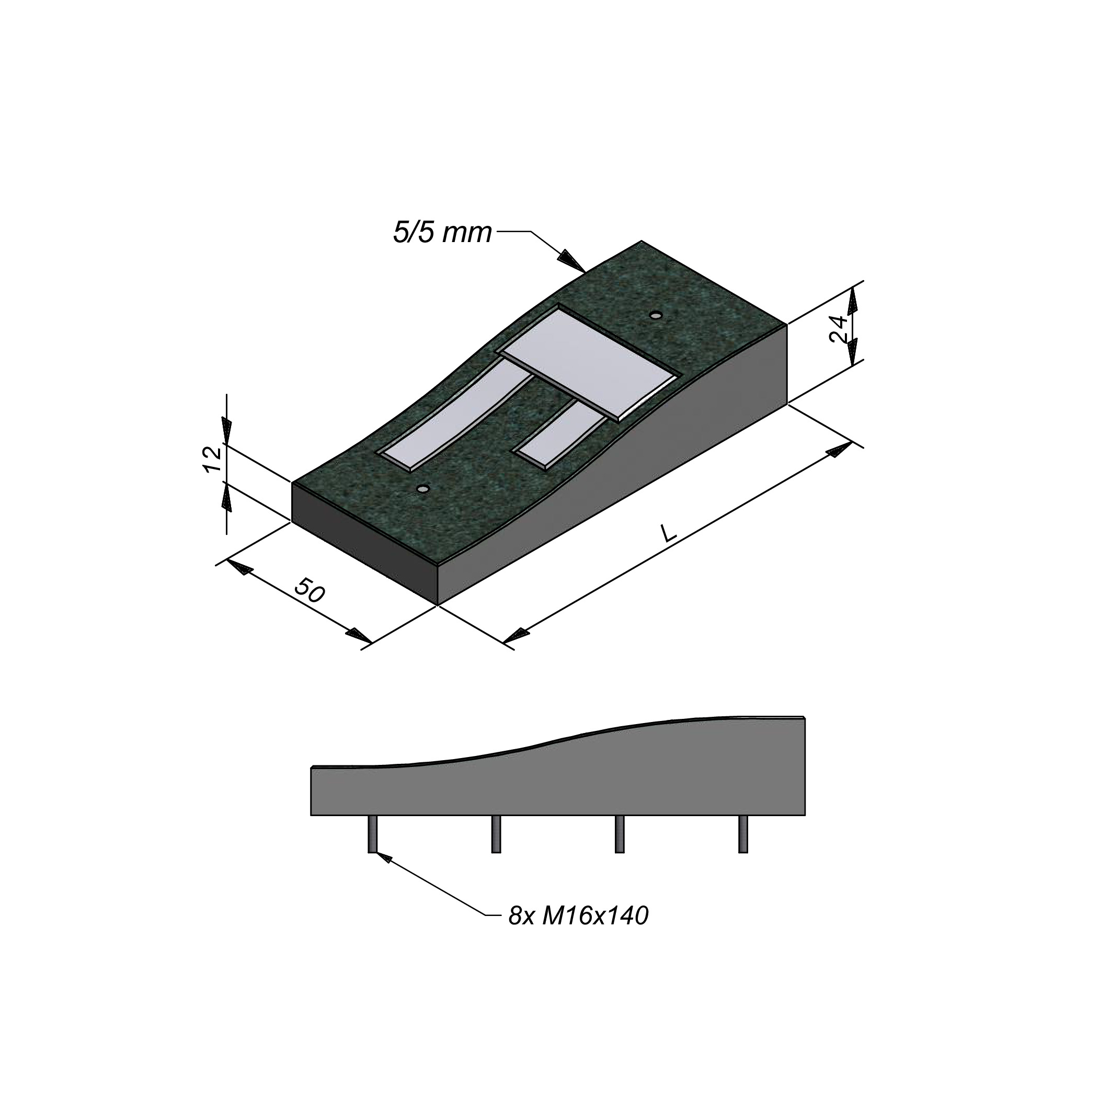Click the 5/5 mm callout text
click(x=442, y=233)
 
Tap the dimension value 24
click(x=839, y=329)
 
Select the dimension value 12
click(x=212, y=459)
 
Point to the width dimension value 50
click(x=310, y=591)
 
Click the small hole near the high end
click(x=655, y=315)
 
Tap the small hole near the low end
click(x=424, y=488)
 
